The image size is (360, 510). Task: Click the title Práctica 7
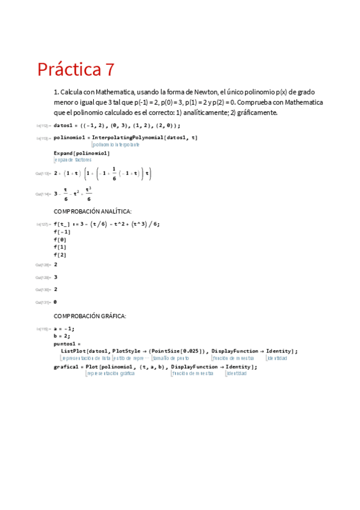[x=76, y=70]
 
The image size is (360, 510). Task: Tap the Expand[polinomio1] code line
[x=82, y=153]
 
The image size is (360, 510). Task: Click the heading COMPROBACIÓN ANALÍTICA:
[x=93, y=211]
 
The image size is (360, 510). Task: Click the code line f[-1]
[x=62, y=232]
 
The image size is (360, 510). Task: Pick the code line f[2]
[x=60, y=254]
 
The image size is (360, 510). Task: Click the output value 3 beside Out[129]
[x=56, y=277]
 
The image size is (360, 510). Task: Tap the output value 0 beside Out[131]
[x=56, y=301]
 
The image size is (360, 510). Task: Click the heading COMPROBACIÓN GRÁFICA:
[x=90, y=316]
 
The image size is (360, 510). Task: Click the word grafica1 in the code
[x=66, y=366]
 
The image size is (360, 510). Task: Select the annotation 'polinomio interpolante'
[x=116, y=145]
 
